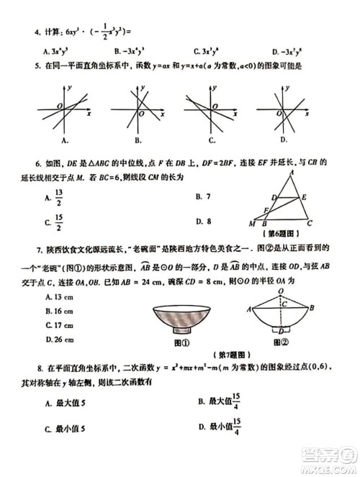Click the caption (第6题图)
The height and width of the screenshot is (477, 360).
pos(286,233)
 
